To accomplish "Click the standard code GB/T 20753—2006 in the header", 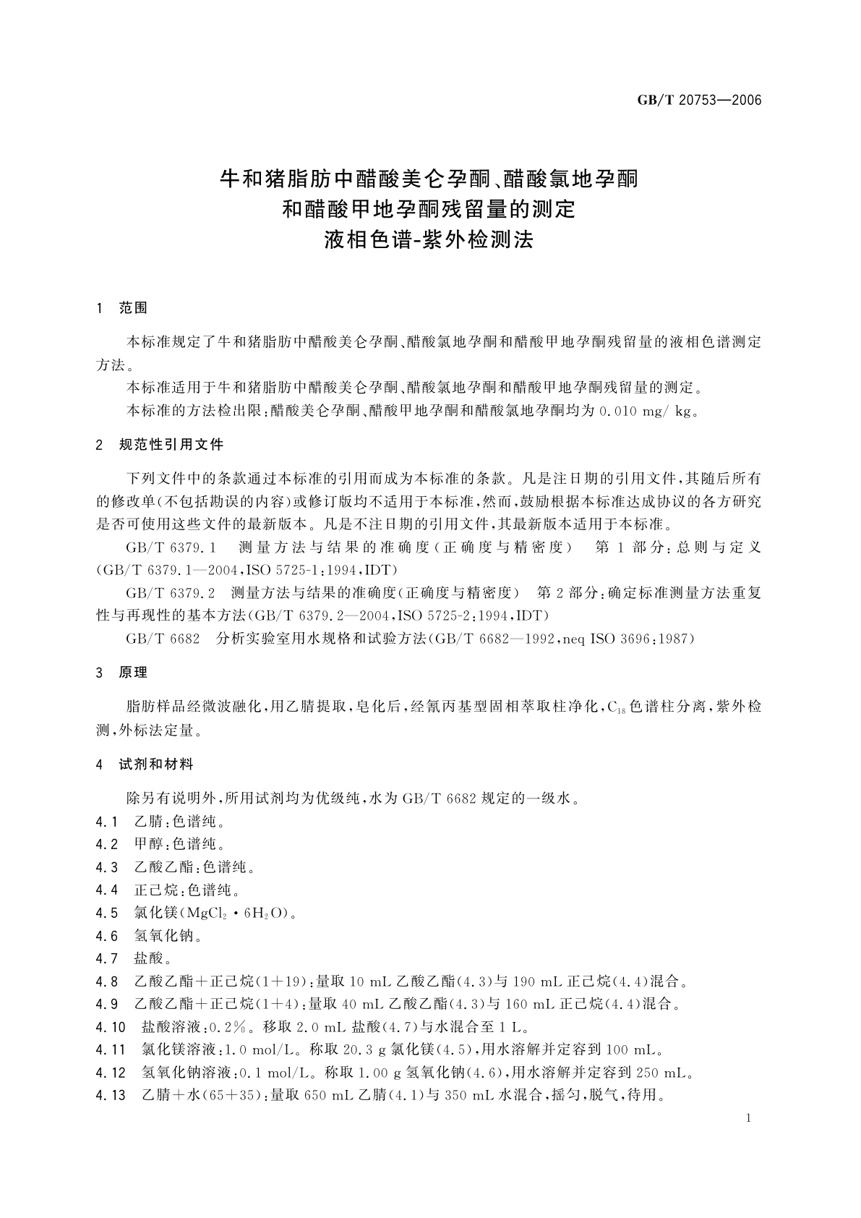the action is tap(699, 101).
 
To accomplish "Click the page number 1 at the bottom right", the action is tap(748, 1118).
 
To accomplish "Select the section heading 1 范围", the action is tap(122, 308).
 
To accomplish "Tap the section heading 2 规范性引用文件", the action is tap(160, 445).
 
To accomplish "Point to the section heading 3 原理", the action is tap(122, 673).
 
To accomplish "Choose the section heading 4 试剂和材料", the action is tap(145, 764).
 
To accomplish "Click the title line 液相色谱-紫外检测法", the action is tap(429, 240).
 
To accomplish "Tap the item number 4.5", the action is tap(106, 913).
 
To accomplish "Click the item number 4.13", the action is tap(110, 1095).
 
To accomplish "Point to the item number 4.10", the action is tap(110, 1027).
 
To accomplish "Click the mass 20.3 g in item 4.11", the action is tap(394, 1049).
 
